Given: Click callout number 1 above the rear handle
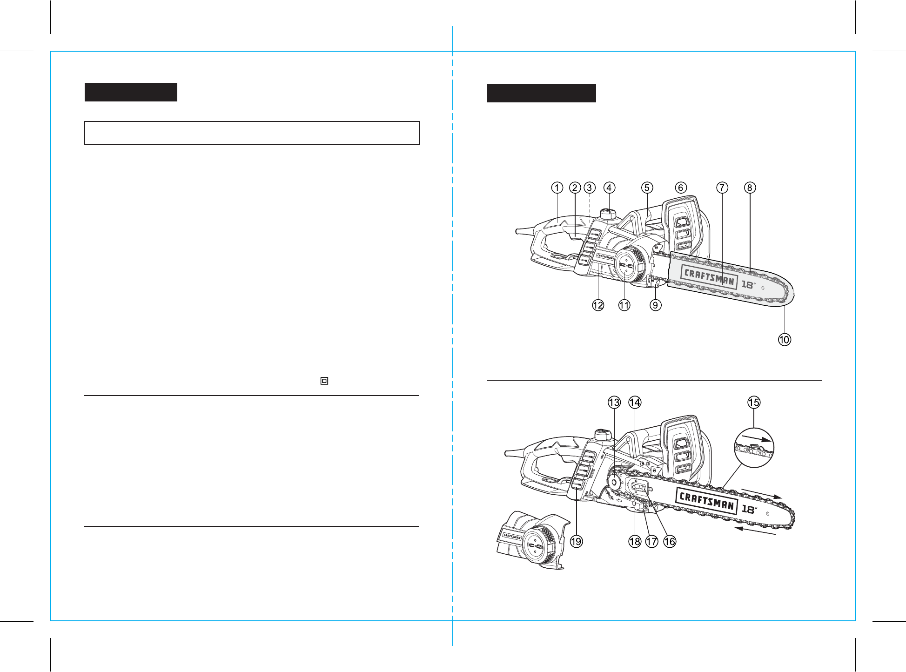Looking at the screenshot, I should click(x=557, y=188).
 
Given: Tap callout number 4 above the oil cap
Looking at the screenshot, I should click(x=609, y=188).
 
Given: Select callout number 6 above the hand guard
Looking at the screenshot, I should click(x=681, y=188).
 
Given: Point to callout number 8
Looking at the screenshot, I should click(x=750, y=188).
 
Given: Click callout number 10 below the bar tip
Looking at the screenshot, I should click(x=785, y=340).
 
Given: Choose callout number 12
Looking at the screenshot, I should click(x=598, y=305).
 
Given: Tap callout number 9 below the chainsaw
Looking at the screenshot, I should click(x=656, y=305).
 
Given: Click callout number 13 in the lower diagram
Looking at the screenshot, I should click(x=614, y=403).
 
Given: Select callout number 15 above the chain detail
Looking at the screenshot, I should click(x=754, y=403).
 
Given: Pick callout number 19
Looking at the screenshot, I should click(x=577, y=541).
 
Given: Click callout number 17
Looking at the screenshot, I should click(x=652, y=541).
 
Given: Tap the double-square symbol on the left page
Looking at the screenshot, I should click(x=324, y=381).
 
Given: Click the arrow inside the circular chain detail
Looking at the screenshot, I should click(x=756, y=438).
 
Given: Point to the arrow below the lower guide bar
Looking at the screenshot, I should click(x=755, y=531).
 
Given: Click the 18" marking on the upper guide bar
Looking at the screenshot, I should click(x=748, y=284).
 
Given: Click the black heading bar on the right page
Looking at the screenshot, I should click(x=541, y=93).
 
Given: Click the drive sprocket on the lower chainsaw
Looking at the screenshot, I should click(x=614, y=483).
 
